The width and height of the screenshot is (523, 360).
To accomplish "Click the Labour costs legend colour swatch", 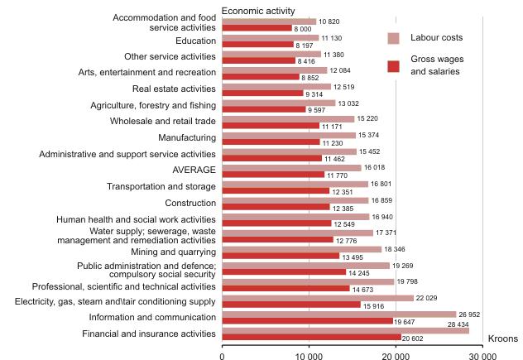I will (x=394, y=38).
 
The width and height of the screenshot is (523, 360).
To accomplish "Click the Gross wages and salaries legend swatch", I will (x=394, y=65).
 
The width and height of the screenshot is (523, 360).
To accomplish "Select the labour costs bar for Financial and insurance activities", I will (x=345, y=330).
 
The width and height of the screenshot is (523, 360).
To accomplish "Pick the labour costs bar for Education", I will (x=270, y=37).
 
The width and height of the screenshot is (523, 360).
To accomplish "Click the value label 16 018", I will (x=377, y=168).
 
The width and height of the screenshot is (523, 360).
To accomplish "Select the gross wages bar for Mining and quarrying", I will (x=281, y=256).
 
